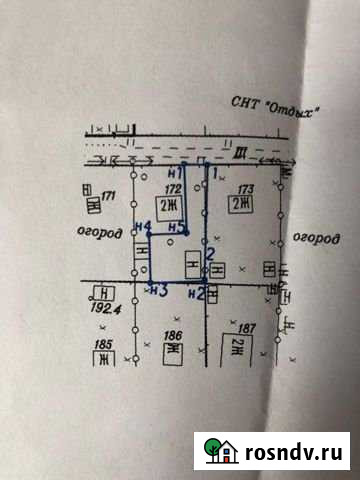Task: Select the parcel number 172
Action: click(172, 187)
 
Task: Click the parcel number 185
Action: click(102, 345)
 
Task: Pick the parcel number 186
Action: click(172, 335)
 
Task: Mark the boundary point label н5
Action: click(176, 229)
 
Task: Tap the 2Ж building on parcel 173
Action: click(239, 203)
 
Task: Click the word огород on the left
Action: click(101, 232)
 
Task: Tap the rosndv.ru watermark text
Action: click(294, 452)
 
